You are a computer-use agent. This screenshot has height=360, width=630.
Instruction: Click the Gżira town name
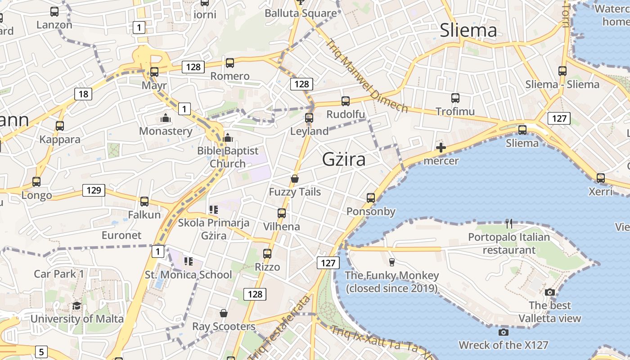coord(344,160)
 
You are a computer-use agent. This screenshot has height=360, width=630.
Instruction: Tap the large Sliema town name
coord(468,30)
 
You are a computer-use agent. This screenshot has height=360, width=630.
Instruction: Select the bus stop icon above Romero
coord(230,63)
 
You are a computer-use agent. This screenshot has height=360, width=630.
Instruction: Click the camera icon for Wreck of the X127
coord(504,332)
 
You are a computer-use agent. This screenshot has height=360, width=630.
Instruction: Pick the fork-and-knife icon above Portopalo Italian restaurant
coord(509,223)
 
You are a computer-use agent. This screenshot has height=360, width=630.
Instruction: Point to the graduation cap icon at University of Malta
coord(77,306)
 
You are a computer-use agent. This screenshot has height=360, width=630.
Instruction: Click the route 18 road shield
coord(83,94)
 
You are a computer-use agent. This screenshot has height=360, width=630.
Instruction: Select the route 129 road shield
coord(94,190)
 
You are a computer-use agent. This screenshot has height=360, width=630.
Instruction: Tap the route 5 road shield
coord(41,351)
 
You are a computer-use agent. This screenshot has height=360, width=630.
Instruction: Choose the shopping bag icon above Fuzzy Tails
coord(295,179)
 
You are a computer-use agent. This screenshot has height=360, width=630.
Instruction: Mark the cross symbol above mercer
coord(441,148)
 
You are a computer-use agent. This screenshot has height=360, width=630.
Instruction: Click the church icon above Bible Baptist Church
coord(228,137)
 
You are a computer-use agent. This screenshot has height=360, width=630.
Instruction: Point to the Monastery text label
coord(166,131)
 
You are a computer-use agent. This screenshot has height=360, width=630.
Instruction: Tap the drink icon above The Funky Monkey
coord(391,262)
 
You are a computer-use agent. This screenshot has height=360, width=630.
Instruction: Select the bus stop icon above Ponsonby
coord(371,198)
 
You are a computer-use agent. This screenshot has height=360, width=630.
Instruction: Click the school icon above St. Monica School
coord(188,261)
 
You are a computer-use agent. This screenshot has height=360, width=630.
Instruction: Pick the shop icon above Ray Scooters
coord(224,313)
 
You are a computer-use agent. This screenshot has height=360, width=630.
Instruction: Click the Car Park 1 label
coord(59,274)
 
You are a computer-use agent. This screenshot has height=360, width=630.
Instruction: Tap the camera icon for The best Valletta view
coord(549,292)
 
